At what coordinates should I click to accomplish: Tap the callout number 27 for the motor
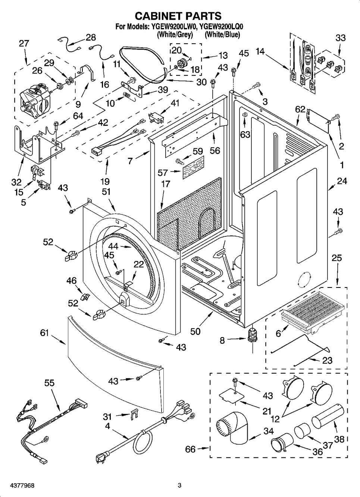pyautogui.click(x=24, y=43)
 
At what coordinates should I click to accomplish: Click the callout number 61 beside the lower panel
pyautogui.click(x=45, y=333)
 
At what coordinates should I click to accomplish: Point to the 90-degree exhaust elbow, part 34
pyautogui.click(x=231, y=429)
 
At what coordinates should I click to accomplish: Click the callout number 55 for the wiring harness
pyautogui.click(x=49, y=383)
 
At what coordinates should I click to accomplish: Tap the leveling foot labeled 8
pyautogui.click(x=252, y=335)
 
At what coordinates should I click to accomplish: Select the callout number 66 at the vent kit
pyautogui.click(x=190, y=449)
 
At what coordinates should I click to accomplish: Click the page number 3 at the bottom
pyautogui.click(x=179, y=485)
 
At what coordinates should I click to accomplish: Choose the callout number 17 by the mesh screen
pyautogui.click(x=165, y=184)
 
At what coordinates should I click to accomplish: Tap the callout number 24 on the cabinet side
pyautogui.click(x=342, y=181)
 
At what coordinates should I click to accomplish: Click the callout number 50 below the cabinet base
pyautogui.click(x=195, y=331)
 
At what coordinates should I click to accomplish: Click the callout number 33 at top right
pyautogui.click(x=340, y=38)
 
